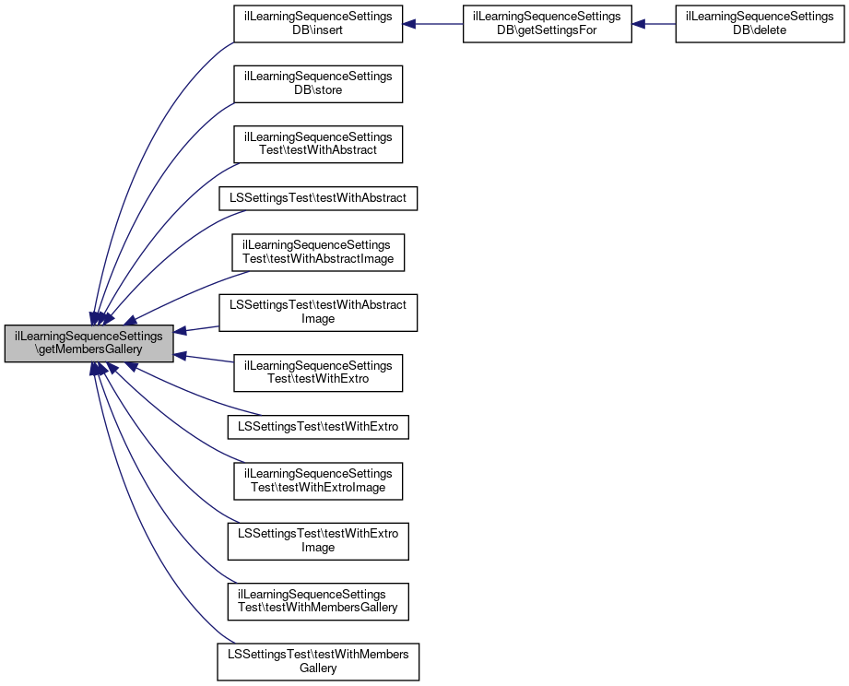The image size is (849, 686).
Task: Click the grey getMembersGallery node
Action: (88, 343)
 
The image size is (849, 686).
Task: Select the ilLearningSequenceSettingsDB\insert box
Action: (318, 24)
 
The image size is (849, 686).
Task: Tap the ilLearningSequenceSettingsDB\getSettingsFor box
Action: (546, 24)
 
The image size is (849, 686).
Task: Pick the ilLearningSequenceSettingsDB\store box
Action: (318, 82)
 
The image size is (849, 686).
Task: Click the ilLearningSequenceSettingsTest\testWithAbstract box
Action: (318, 144)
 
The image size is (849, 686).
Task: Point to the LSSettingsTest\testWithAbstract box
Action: (318, 198)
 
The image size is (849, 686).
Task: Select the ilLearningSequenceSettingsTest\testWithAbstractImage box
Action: (318, 252)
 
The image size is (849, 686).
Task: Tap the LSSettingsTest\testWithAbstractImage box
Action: (318, 312)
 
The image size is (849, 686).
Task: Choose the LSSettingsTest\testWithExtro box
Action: (318, 427)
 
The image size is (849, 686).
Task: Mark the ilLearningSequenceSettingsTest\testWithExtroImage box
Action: (318, 480)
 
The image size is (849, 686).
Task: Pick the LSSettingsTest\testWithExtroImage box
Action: (318, 540)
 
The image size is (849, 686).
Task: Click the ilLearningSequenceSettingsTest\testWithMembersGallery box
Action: (318, 600)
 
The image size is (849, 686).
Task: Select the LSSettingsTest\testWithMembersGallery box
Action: (318, 661)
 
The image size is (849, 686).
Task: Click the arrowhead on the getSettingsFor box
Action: (638, 24)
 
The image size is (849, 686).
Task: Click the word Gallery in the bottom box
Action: (318, 668)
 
